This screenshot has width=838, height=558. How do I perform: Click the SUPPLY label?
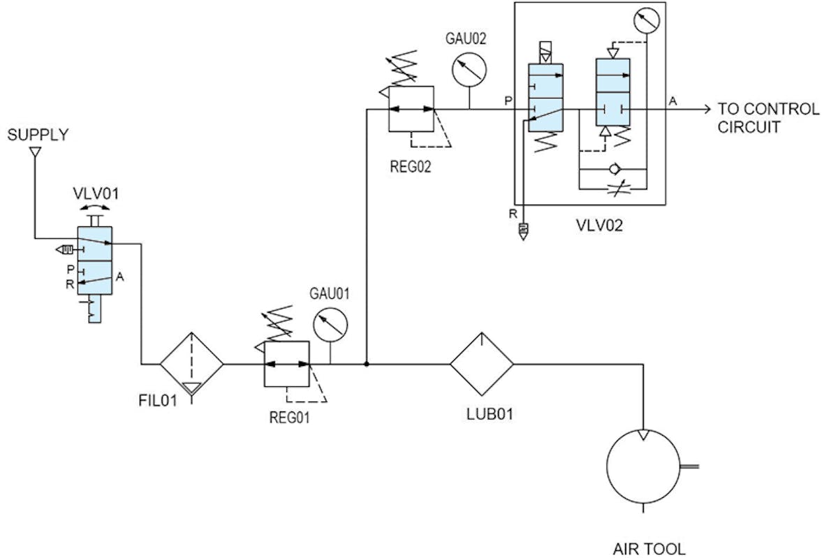[38, 135]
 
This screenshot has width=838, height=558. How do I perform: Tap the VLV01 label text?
[96, 193]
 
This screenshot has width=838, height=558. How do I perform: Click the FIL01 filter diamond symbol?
[191, 364]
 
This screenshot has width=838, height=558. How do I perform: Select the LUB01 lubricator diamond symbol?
[481, 364]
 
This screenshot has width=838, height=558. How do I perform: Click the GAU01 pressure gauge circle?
[330, 324]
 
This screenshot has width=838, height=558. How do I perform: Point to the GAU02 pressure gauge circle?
[469, 69]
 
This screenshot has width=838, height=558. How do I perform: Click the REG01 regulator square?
[286, 364]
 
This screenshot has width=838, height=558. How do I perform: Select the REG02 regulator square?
[411, 109]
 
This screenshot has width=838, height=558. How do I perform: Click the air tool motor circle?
[643, 466]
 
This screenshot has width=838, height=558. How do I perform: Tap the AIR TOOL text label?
[649, 548]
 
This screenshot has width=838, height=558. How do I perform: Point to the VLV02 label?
[600, 226]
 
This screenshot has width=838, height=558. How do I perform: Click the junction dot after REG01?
[366, 364]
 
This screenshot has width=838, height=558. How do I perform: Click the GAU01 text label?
[329, 293]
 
